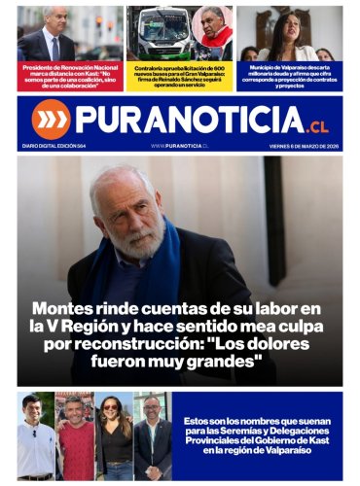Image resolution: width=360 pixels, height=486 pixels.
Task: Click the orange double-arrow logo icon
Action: (x=51, y=119)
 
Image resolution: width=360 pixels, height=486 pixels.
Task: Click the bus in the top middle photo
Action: (x=161, y=34)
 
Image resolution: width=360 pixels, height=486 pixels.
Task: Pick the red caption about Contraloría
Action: (x=179, y=75)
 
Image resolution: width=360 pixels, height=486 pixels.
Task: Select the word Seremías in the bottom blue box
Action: (x=247, y=432)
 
